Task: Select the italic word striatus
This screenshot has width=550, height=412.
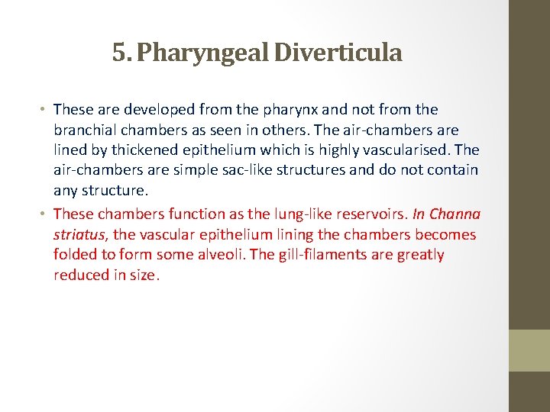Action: click(80, 235)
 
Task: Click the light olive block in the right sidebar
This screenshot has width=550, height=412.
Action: click(529, 350)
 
